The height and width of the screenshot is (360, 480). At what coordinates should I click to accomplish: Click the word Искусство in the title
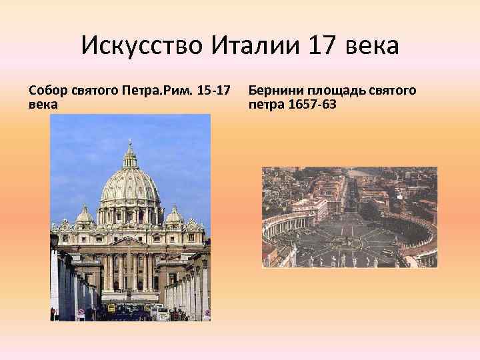tap(143, 47)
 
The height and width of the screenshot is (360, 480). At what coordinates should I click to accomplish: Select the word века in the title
tap(373, 47)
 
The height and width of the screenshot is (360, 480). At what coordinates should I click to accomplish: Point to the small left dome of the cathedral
tap(85, 215)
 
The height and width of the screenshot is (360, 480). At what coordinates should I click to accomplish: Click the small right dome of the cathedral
tap(175, 215)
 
